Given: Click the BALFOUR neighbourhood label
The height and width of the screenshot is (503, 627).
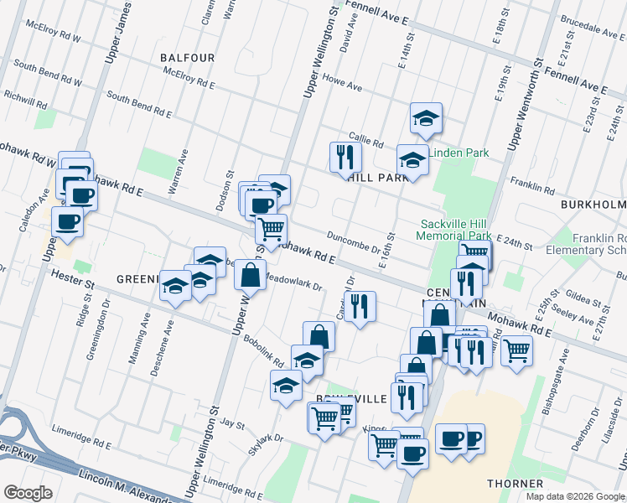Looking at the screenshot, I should pos(188,58).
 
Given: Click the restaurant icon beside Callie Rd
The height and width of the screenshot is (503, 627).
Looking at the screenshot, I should pos(345,156).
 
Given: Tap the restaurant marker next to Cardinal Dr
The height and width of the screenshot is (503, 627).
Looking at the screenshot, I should pos(360,306).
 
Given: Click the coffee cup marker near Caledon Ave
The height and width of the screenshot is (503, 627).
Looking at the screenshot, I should pos(67,223).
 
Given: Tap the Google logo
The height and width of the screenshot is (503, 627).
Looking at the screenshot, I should pos(28,493).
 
